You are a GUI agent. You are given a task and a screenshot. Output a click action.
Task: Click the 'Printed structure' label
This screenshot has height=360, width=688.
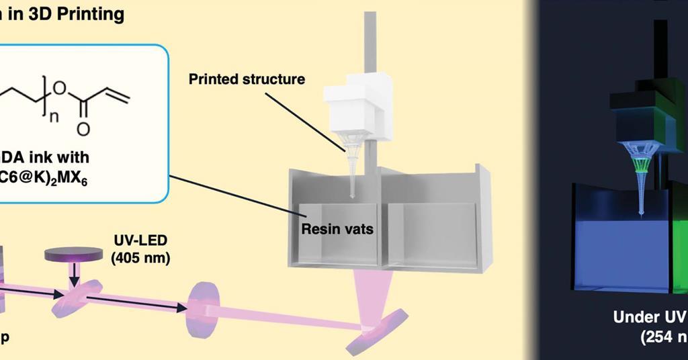point(247,79)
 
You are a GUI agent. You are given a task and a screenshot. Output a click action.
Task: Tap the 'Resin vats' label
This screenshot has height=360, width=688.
point(337,229)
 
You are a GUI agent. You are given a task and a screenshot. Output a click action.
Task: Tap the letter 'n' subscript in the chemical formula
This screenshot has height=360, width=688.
point(54,116)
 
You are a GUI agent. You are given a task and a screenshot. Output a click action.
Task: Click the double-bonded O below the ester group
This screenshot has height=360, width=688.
point(83,128)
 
